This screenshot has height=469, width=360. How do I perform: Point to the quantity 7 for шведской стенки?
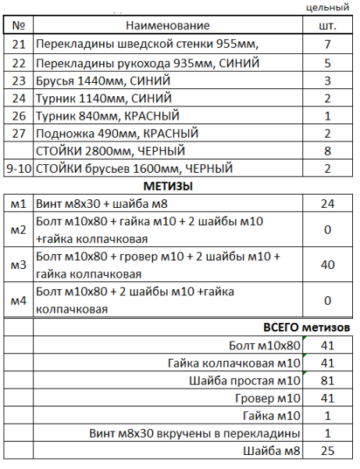(328, 44)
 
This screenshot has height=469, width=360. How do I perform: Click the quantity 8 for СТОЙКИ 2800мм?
(328, 151)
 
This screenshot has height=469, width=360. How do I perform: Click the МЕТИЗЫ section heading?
(168, 186)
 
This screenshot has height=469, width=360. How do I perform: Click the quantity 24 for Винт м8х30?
(328, 204)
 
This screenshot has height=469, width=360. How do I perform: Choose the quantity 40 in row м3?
(328, 266)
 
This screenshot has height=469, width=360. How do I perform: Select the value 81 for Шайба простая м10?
(328, 381)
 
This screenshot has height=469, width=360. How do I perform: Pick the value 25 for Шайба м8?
(328, 451)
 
